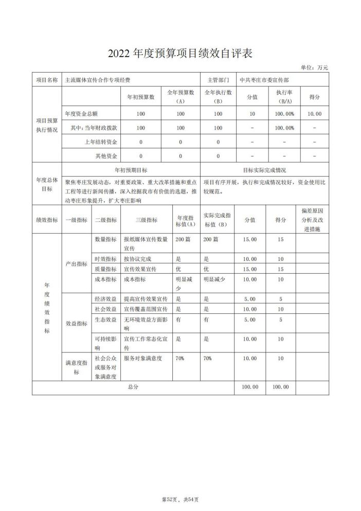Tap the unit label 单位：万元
[x=314, y=67]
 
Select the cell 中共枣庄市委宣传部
[x=264, y=80]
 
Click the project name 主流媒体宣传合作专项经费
[x=97, y=80]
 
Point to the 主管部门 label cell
[x=218, y=80]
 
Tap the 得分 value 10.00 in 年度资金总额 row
[x=314, y=113]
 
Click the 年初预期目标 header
[x=131, y=169]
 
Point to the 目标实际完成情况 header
[x=264, y=169]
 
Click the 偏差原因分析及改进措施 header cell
[x=312, y=220]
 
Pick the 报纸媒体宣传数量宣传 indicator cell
[x=146, y=243]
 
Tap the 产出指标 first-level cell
[x=76, y=263]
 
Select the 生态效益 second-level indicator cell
[x=105, y=320]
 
